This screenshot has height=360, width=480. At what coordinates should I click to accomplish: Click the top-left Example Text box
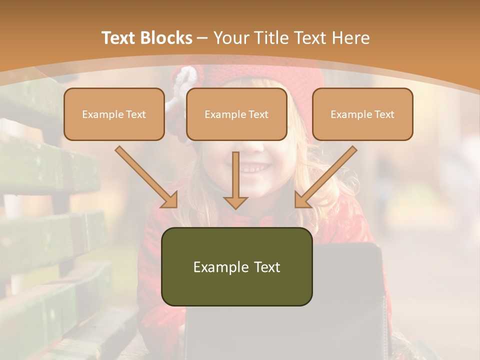click(x=114, y=114)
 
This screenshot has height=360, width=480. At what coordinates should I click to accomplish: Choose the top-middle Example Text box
click(x=236, y=114)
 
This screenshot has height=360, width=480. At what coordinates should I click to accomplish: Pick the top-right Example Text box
click(x=362, y=114)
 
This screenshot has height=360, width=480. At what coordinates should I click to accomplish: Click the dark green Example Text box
click(x=236, y=266)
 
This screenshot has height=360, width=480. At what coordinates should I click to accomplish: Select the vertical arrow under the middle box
click(x=235, y=177)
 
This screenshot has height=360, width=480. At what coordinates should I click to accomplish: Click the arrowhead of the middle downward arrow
click(x=235, y=202)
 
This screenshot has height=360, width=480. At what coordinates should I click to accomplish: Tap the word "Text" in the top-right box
click(x=383, y=114)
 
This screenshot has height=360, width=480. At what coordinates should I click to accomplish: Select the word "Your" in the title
click(x=231, y=38)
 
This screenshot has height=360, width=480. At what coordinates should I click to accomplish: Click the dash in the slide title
click(x=202, y=38)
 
